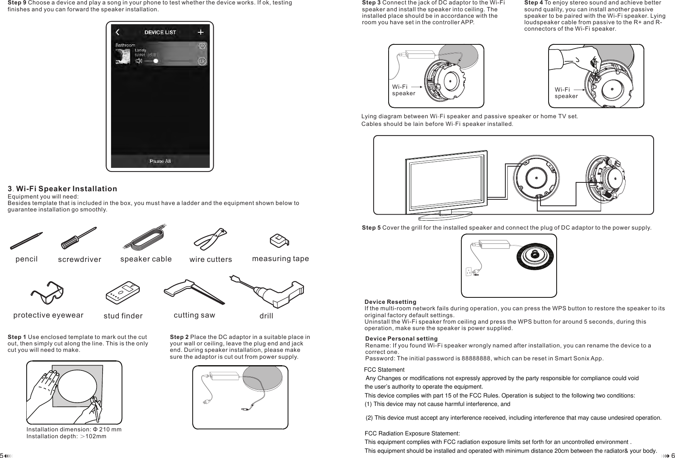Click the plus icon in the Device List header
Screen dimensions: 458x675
200,32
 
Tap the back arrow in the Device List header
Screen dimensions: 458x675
118,32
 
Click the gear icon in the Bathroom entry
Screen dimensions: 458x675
201,46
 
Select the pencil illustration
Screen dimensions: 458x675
26,241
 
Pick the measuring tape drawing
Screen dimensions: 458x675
280,241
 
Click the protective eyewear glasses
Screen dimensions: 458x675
47,293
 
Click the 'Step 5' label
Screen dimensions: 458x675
371,228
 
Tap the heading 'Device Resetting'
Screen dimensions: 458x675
390,302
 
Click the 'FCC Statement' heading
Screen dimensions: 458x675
384,370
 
